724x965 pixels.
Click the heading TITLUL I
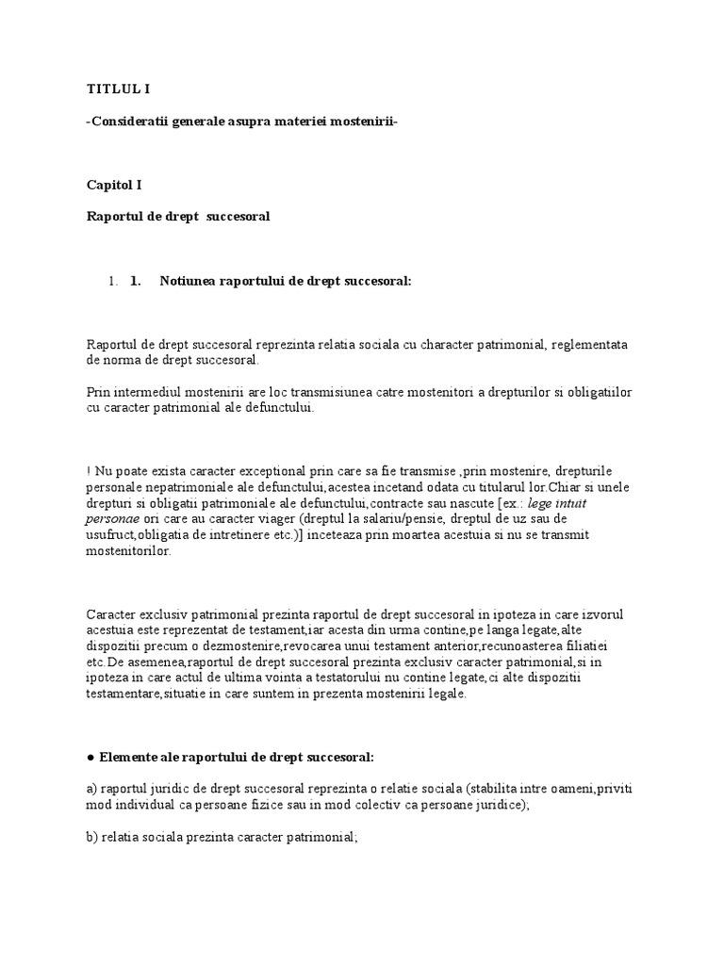(x=118, y=90)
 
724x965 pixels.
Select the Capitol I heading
(x=114, y=187)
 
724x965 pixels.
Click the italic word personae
(x=112, y=518)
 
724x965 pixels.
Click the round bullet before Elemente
(x=90, y=757)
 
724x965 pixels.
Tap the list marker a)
(x=91, y=789)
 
